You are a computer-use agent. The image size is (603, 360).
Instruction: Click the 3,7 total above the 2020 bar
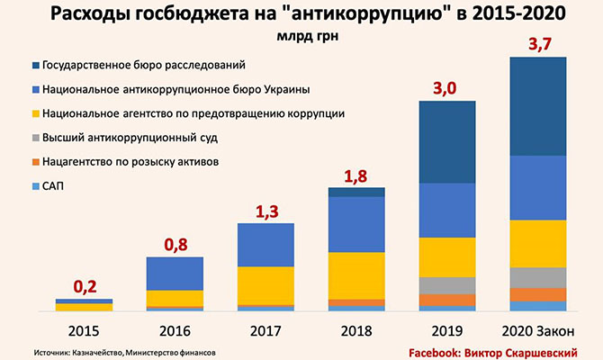[x=538, y=45]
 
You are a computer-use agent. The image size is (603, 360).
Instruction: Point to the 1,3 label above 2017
[x=265, y=211]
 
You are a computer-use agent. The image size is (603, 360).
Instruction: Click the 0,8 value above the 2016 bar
[x=175, y=245]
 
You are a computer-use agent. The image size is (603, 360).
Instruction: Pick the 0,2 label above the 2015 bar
[x=85, y=287]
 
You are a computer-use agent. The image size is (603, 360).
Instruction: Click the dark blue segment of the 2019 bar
[x=446, y=142]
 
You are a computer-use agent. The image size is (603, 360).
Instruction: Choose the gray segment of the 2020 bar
[x=538, y=277]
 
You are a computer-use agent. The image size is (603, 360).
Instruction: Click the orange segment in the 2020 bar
[x=538, y=294]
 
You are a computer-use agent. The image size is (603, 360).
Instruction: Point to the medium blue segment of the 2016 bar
[x=175, y=273]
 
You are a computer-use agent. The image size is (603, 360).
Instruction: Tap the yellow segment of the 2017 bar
[x=265, y=285]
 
